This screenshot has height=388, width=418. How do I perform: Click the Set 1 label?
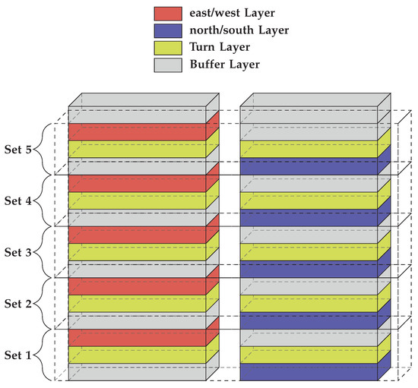(x=18, y=355)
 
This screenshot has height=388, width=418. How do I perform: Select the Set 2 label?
(x=18, y=303)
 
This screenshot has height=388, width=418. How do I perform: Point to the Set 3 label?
(x=18, y=252)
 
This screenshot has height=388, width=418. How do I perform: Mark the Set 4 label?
(x=18, y=200)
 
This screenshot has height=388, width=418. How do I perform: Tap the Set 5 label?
(x=18, y=149)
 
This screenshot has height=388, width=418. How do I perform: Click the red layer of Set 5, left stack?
(x=138, y=132)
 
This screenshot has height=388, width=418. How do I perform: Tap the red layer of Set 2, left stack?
(x=138, y=286)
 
